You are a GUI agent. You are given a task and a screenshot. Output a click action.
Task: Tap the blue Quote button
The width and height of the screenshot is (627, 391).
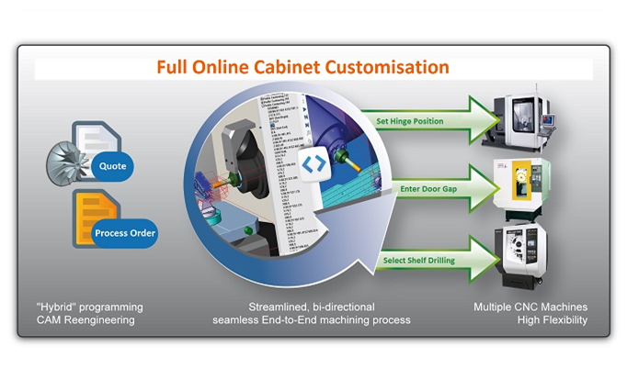pos(113,166)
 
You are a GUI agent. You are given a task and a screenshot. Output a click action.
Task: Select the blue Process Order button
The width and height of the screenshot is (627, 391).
pos(125,233)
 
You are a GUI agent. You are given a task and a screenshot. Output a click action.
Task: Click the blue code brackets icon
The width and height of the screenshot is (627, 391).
pos(313,163)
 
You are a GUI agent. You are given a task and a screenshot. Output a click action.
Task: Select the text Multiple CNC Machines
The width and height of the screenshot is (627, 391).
pos(530,307)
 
